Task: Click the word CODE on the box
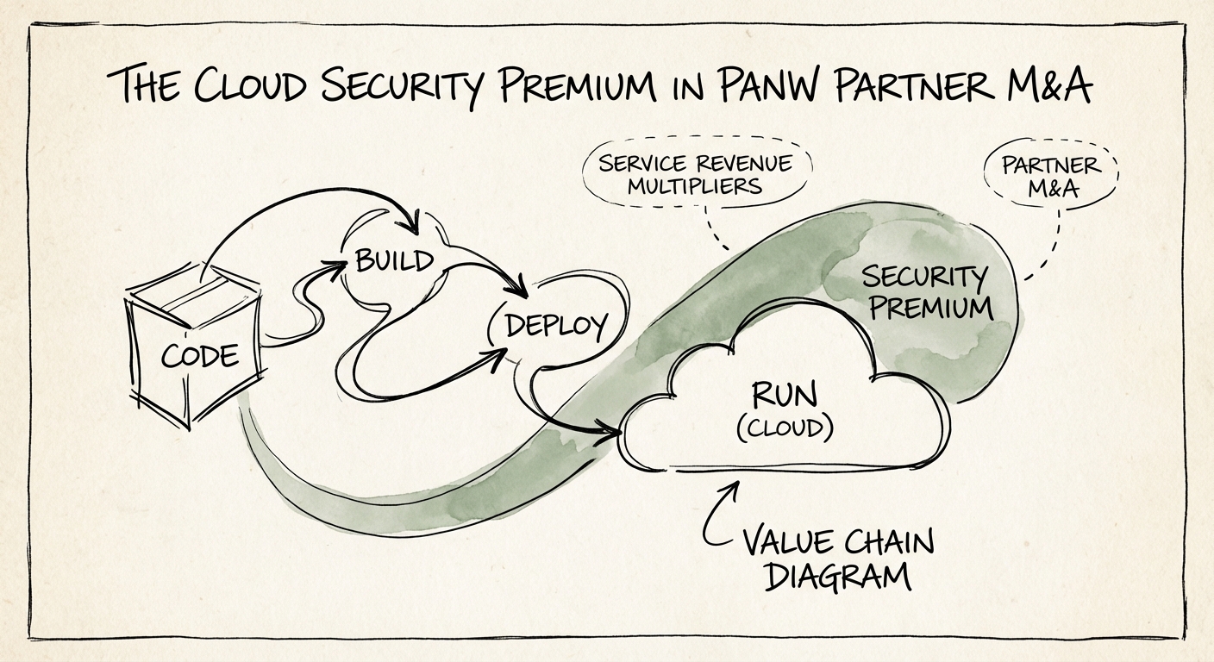pyautogui.click(x=200, y=353)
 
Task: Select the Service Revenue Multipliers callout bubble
pyautogui.click(x=694, y=173)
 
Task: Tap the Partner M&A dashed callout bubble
pyautogui.click(x=1051, y=177)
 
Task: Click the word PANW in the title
pyautogui.click(x=763, y=85)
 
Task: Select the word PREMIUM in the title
pyautogui.click(x=584, y=86)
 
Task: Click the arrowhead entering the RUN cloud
pyautogui.click(x=614, y=430)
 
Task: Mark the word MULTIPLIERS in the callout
pyautogui.click(x=695, y=185)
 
